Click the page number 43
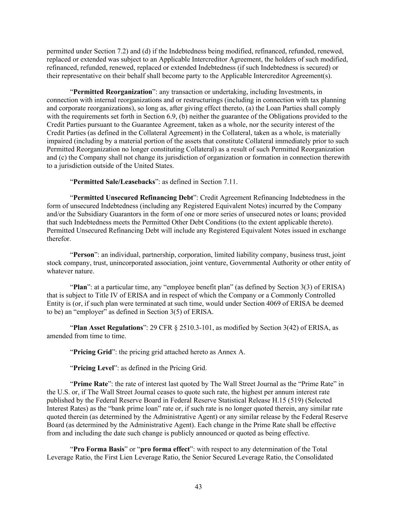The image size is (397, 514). [x=198, y=487]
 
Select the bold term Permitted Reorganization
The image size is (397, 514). [x=113, y=92]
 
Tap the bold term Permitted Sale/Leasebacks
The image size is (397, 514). [x=114, y=182]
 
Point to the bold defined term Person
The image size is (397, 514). [x=84, y=255]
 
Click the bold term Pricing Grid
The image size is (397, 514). [x=93, y=352]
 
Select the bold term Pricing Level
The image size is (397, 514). [x=93, y=368]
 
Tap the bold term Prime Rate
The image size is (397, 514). [x=91, y=384]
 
